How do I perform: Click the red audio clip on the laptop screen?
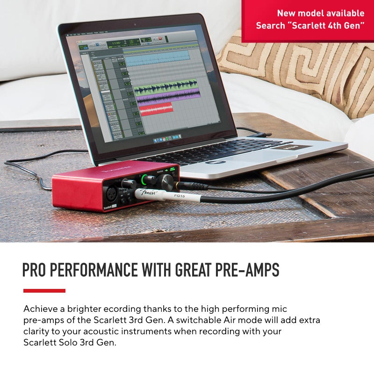pyautogui.click(x=156, y=108)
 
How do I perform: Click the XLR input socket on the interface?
pyautogui.click(x=114, y=191)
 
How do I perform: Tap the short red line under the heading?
pyautogui.click(x=44, y=291)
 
